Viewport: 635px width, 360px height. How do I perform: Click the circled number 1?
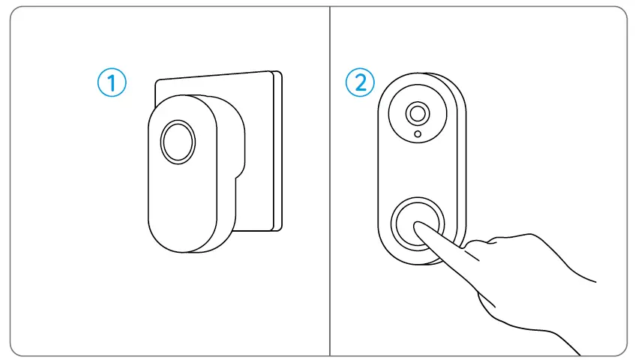tap(112, 82)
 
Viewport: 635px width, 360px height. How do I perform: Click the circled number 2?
tap(361, 82)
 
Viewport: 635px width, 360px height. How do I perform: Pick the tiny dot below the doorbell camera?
tap(418, 135)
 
